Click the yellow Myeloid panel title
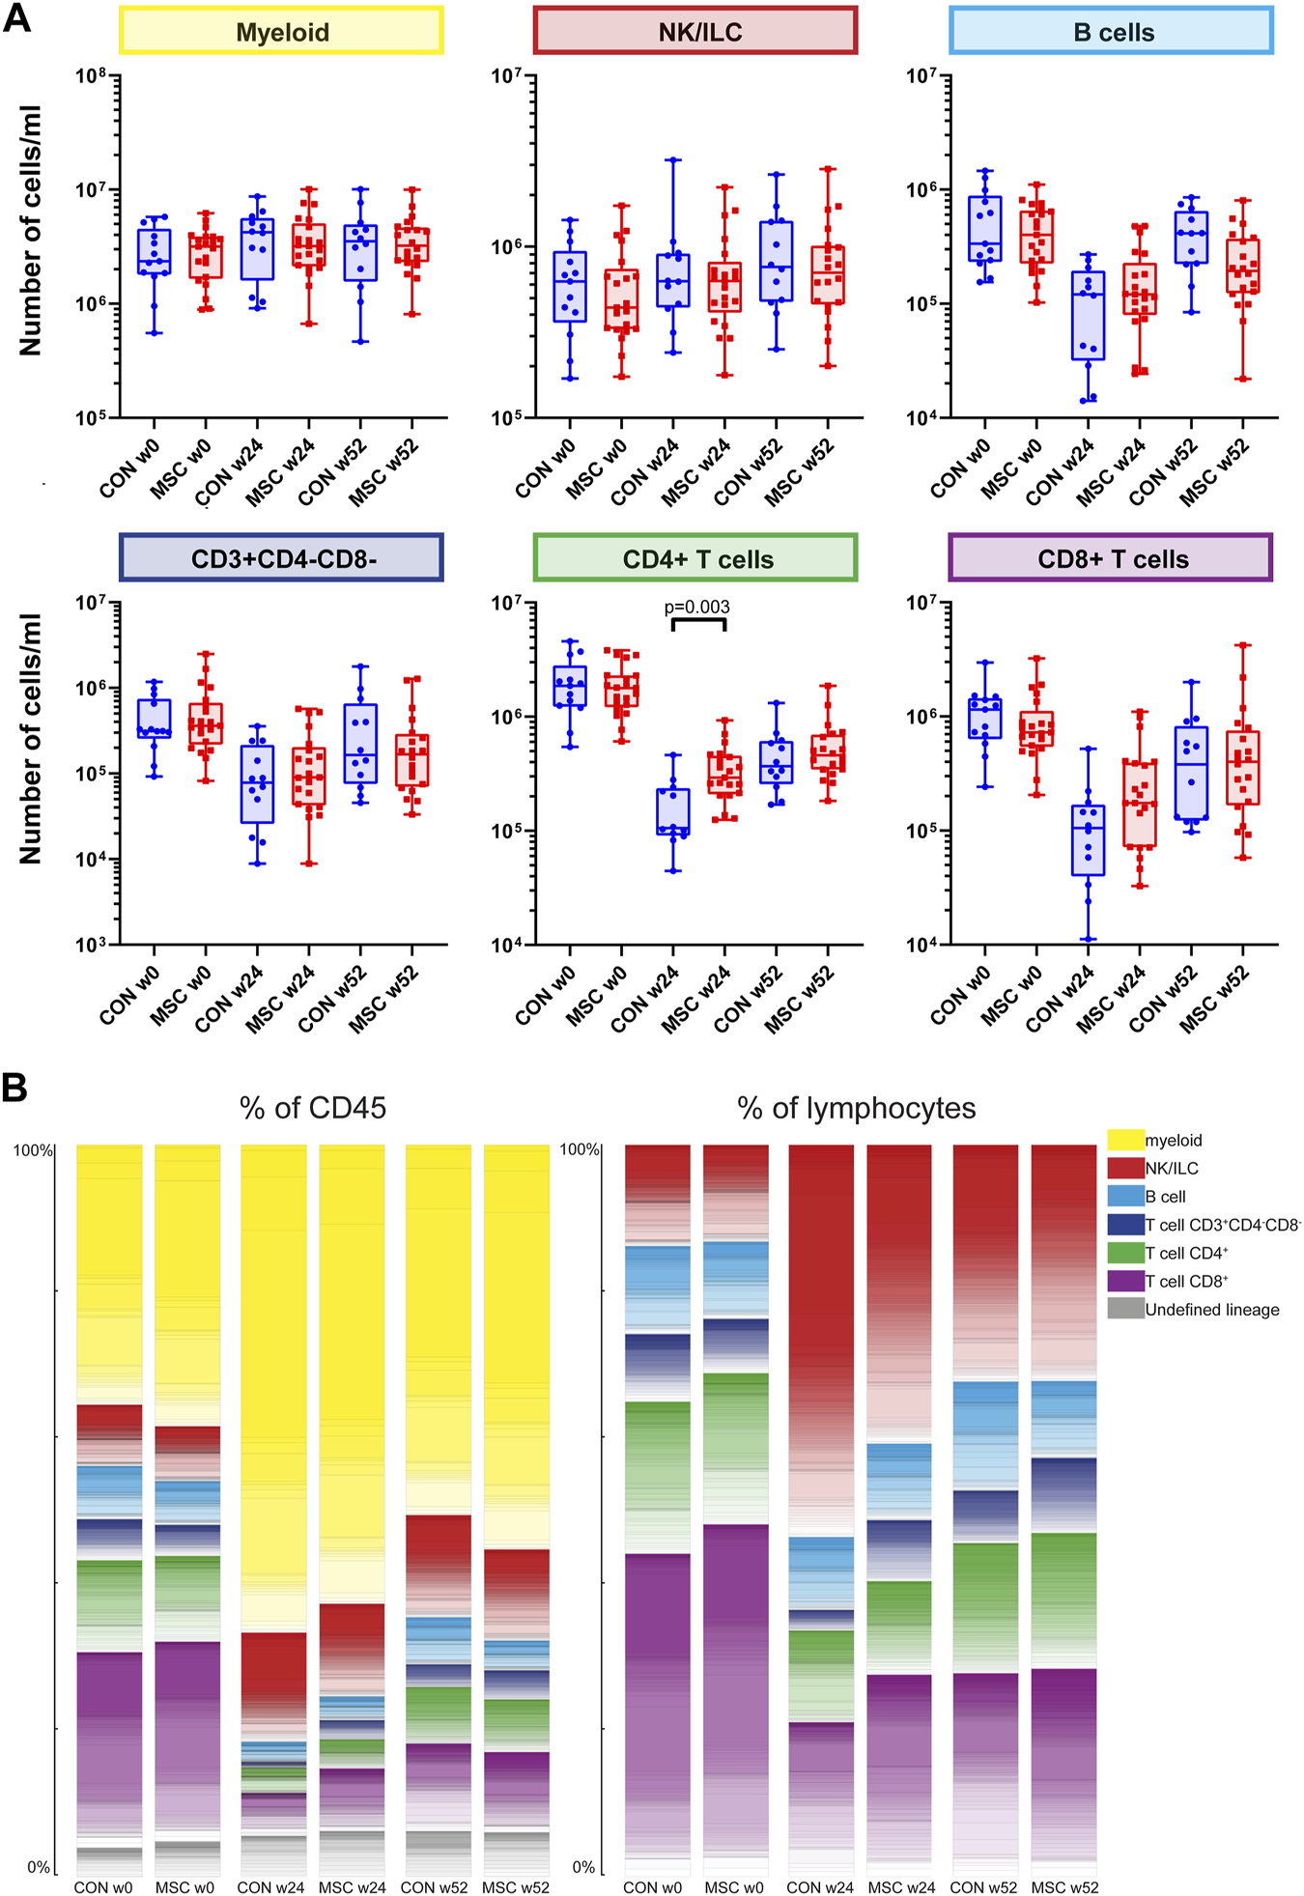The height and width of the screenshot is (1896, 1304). (281, 32)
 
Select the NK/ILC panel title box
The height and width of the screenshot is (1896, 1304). (695, 32)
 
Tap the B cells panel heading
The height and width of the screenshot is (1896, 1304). (1112, 32)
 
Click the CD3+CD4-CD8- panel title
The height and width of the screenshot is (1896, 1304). (281, 558)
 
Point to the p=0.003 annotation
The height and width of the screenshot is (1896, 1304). (696, 608)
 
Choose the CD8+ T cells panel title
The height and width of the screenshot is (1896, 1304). (1111, 558)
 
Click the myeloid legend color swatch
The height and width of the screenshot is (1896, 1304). (1125, 1141)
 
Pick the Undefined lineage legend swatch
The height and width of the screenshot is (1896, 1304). (1125, 1310)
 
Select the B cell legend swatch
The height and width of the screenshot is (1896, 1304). (1125, 1197)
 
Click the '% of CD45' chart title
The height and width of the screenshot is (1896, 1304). (313, 1108)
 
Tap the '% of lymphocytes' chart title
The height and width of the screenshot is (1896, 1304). (856, 1108)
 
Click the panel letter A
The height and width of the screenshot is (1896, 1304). (16, 18)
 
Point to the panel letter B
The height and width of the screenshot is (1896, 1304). (14, 1089)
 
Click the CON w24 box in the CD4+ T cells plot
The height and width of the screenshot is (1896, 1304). (673, 812)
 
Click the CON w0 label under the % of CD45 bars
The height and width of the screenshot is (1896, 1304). (104, 1887)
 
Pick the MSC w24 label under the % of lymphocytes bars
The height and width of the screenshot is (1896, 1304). (901, 1887)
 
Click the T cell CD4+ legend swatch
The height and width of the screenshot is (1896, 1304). (1125, 1254)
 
